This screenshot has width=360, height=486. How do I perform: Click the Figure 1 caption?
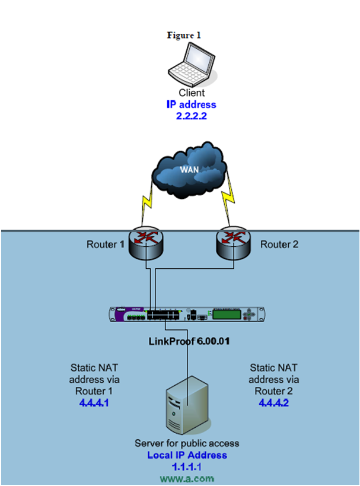tap(184, 35)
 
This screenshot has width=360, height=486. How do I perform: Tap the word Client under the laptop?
tap(192, 93)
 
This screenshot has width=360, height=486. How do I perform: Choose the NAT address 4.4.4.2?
tap(275, 402)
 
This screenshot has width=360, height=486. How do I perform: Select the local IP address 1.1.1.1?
tap(187, 467)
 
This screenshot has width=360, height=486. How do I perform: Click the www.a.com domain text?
tap(187, 478)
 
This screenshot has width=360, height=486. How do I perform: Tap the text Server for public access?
tap(187, 444)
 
